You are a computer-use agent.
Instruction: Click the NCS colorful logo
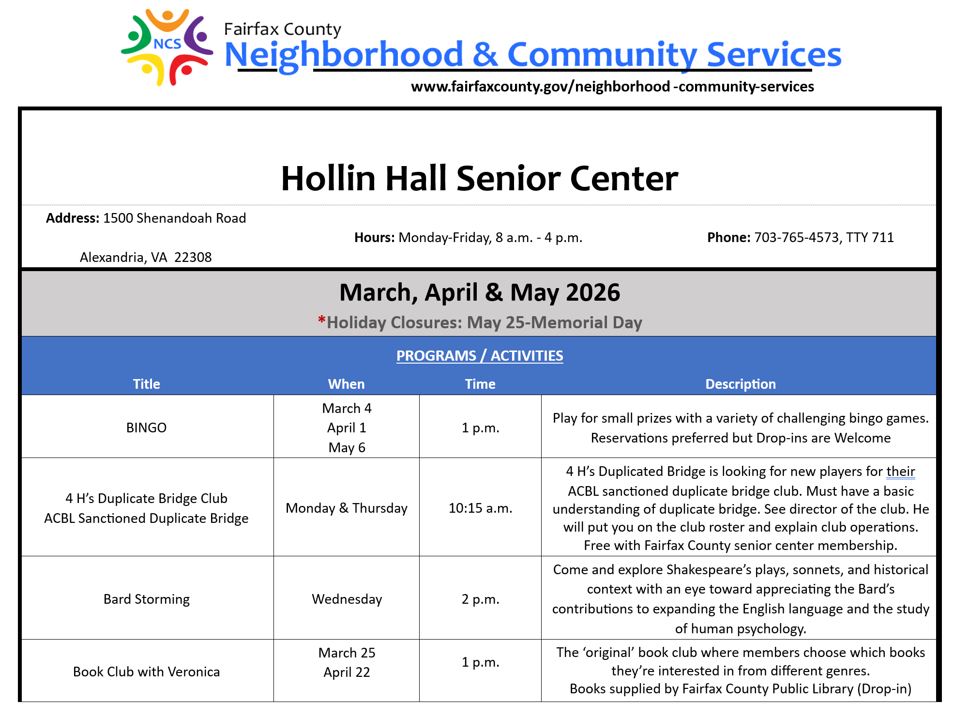167,47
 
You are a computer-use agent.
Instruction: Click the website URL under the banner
612,87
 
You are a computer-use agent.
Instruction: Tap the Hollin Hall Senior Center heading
479,179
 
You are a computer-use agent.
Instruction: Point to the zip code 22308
193,257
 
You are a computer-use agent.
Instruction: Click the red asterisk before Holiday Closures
321,321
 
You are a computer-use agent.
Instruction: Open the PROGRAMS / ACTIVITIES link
479,356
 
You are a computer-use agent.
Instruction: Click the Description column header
740,384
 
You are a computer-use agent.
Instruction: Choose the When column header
346,384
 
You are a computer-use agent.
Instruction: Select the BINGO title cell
146,428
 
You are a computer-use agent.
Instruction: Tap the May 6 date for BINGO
347,447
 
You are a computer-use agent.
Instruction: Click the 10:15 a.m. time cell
480,508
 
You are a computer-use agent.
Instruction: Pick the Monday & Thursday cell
346,508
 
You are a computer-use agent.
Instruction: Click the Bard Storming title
146,599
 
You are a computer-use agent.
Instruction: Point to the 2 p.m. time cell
480,599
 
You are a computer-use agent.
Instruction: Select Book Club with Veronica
146,672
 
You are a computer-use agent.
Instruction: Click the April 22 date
347,672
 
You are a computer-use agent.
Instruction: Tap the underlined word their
900,471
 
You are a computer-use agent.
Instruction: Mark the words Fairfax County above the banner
282,29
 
